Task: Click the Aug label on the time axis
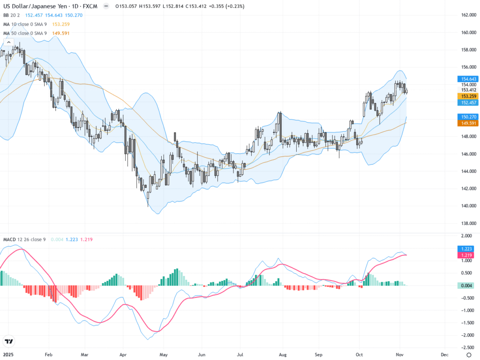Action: (x=282, y=354)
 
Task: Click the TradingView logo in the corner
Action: (x=8, y=341)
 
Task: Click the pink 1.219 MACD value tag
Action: (x=466, y=255)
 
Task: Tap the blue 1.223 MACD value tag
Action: (x=466, y=248)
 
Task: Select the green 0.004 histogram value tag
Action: (x=466, y=285)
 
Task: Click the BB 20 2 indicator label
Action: (x=13, y=15)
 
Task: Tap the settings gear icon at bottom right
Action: (x=468, y=354)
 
